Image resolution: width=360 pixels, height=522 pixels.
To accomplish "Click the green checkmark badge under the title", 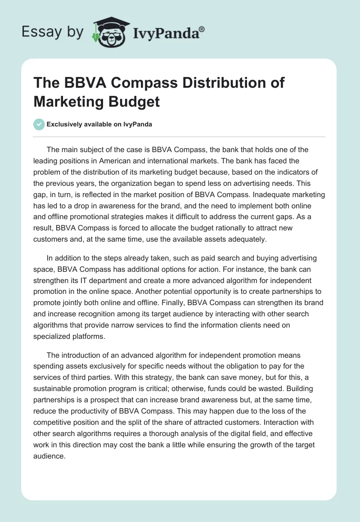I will click(39, 124).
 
